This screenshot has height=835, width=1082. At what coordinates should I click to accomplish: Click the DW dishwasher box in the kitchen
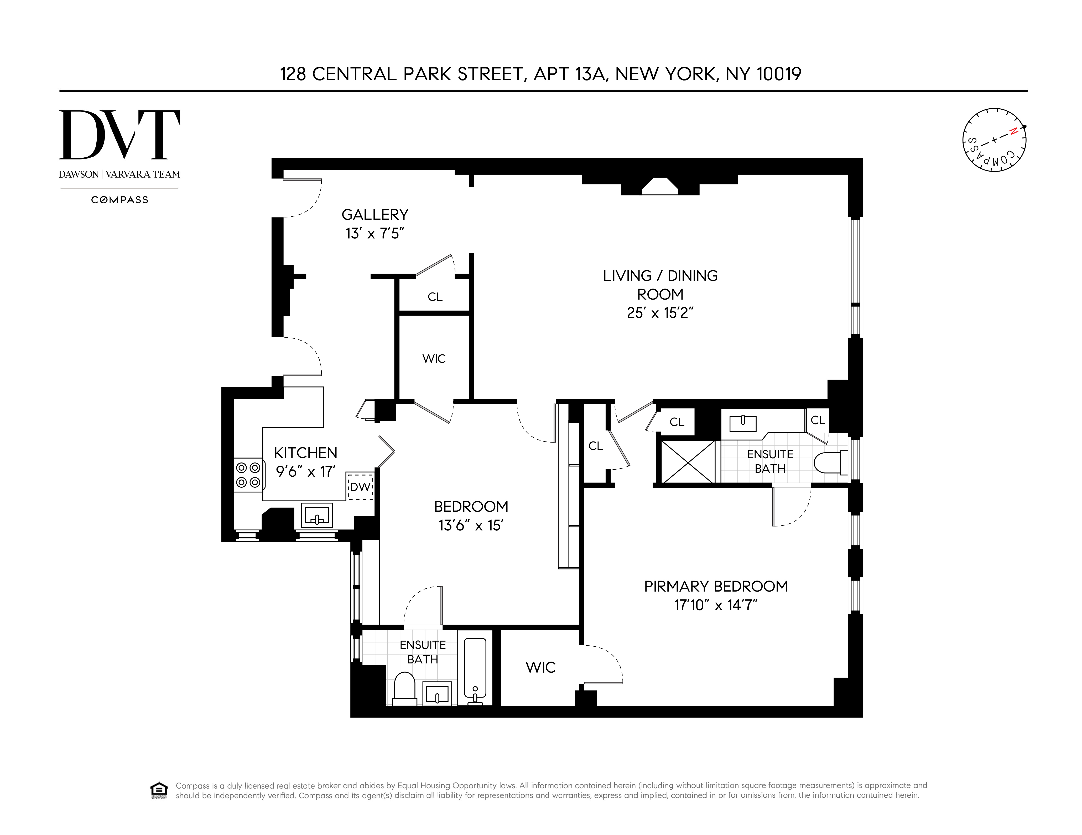point(360,487)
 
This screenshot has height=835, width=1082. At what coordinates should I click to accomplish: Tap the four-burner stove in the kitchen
point(248,475)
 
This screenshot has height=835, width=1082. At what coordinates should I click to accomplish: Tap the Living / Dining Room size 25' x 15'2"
point(660,313)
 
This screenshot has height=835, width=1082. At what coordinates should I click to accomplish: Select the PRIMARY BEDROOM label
point(715,587)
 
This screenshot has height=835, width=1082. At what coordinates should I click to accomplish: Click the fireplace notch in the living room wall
point(660,186)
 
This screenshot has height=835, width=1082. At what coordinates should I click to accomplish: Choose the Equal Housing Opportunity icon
point(159,790)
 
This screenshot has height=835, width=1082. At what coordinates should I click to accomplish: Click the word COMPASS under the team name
point(119,200)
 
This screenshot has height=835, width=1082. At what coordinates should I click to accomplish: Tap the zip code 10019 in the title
point(778,74)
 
